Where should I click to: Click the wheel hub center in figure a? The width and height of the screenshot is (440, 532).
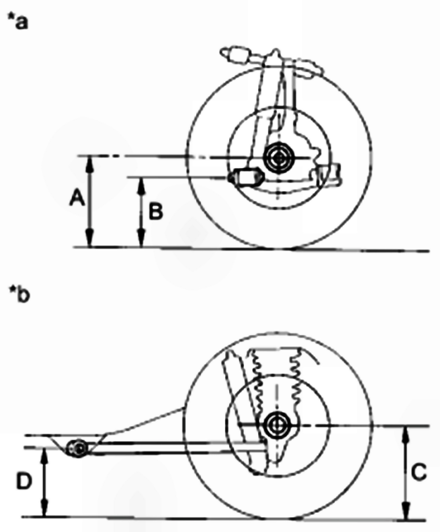point(279,158)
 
